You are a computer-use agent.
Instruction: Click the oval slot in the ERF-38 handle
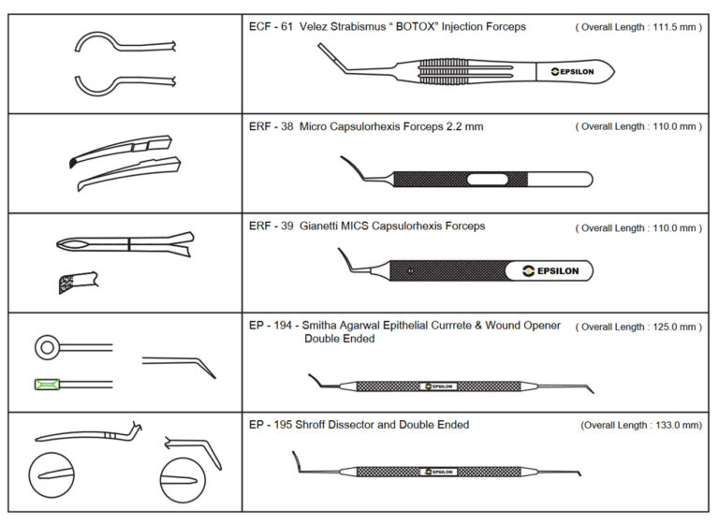489,179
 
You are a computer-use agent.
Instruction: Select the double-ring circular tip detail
46,348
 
